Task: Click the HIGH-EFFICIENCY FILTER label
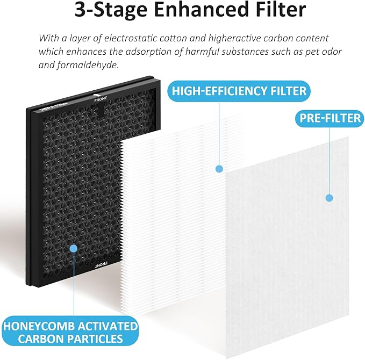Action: [x=239, y=90]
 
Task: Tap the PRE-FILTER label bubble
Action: [x=328, y=118]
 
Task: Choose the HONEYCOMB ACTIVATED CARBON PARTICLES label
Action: [x=70, y=332]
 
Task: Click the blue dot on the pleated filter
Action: [x=219, y=169]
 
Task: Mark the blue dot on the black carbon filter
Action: [x=73, y=249]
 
